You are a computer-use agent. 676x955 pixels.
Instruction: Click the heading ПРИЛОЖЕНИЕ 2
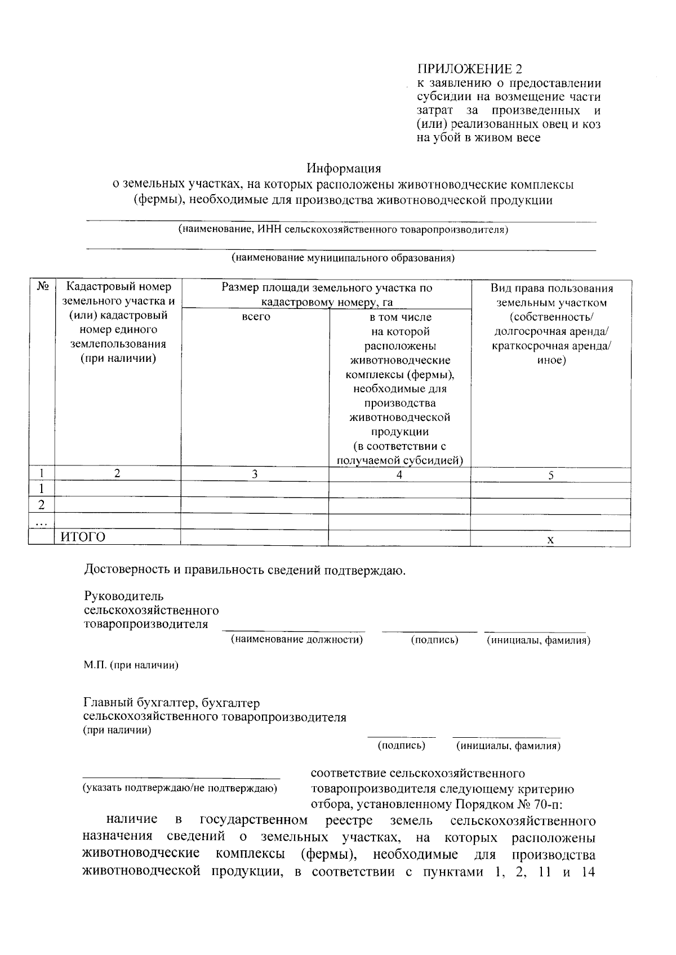click(469, 69)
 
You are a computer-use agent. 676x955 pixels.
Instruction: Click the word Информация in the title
click(344, 168)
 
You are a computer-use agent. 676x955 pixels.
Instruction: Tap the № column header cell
click(42, 287)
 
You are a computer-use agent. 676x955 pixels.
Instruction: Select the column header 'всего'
click(255, 317)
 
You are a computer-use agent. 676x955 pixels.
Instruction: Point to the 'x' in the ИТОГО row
click(550, 540)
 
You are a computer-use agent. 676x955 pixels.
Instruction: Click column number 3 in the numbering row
click(255, 474)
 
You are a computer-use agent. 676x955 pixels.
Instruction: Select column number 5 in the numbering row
click(551, 476)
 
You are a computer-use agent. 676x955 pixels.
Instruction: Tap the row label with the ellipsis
click(41, 522)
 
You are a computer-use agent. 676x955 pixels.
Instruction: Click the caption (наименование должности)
click(296, 640)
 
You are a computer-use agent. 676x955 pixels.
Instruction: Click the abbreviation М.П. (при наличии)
click(131, 666)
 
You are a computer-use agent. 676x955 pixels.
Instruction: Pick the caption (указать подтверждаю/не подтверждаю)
click(180, 788)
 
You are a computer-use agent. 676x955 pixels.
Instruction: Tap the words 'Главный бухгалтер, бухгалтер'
click(171, 703)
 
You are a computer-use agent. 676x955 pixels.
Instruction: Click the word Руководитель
click(123, 596)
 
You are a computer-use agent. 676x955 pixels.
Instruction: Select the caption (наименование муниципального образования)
click(343, 258)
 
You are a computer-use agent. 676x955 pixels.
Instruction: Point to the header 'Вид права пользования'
click(551, 289)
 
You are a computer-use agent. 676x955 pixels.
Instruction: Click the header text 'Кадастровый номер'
click(118, 288)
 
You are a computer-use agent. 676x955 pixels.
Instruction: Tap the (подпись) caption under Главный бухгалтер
click(401, 746)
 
